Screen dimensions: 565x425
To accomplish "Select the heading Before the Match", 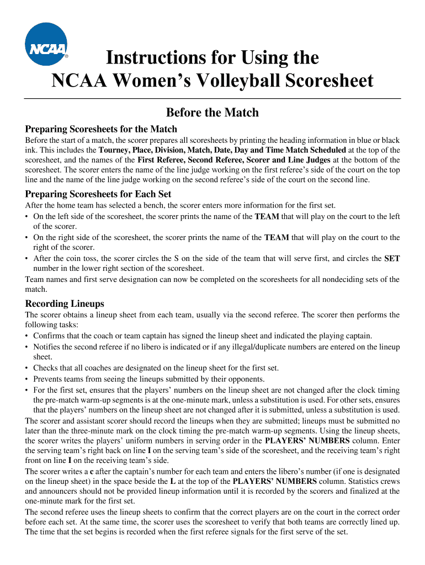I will point(212,113).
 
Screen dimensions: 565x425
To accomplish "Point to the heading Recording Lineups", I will point(65,304).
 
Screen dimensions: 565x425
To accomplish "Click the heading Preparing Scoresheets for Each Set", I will point(98,194).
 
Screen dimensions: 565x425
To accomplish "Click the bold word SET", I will point(392,259).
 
